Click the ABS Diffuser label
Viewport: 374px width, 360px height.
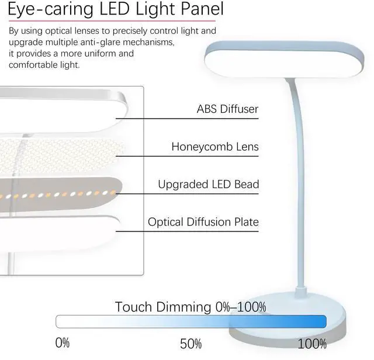click(227, 109)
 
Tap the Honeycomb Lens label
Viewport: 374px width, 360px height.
click(214, 146)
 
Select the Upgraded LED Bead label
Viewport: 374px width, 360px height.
click(208, 185)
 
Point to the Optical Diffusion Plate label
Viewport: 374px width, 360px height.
click(203, 222)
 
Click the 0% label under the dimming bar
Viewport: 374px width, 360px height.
click(62, 342)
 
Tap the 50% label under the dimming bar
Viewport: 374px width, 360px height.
click(191, 343)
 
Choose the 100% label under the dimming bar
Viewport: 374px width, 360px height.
click(312, 343)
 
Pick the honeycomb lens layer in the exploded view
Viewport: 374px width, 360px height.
click(58, 153)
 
